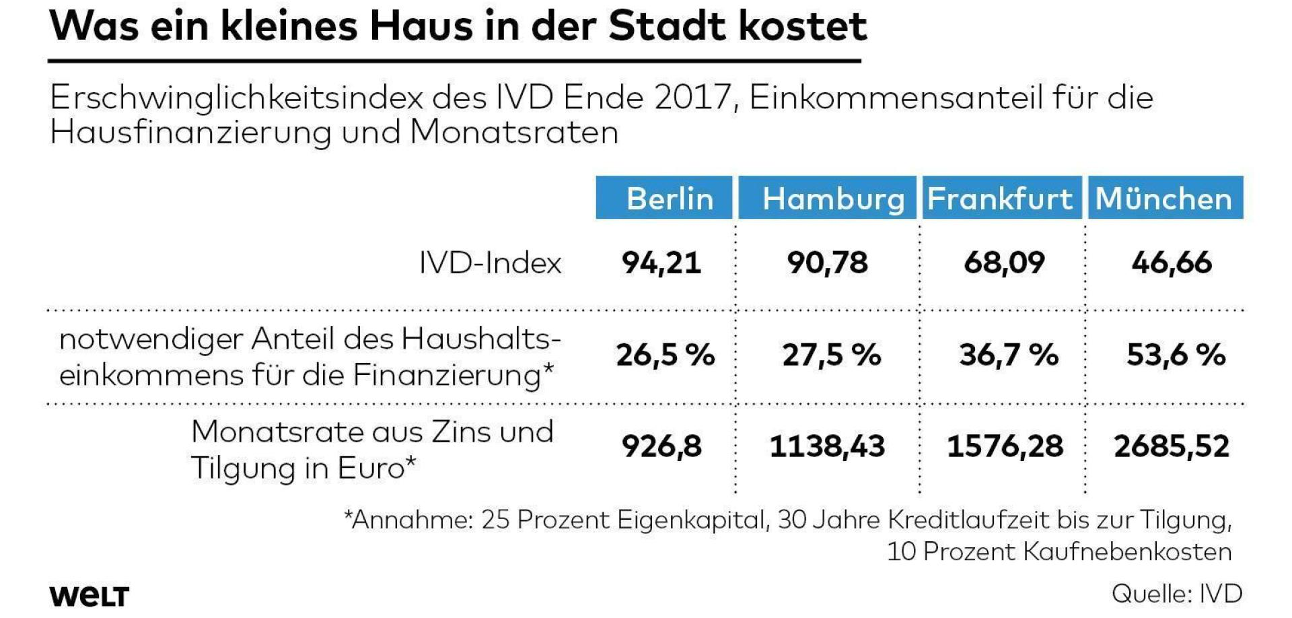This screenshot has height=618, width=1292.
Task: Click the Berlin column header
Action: [x=664, y=199]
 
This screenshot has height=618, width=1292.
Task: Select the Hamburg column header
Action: [x=828, y=199]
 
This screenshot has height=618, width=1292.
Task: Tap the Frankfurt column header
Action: [x=1001, y=199]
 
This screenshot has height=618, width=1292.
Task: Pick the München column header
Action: [x=1164, y=199]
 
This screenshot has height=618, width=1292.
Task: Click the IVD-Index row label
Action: [x=490, y=263]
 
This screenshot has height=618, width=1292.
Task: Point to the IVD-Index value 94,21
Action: [x=661, y=263]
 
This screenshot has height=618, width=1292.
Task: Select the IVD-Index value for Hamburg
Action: [x=828, y=263]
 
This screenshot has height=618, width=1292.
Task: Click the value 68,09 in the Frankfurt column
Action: [x=1004, y=263]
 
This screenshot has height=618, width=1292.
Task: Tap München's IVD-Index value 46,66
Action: [x=1172, y=263]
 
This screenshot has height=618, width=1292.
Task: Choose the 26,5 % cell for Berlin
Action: [x=665, y=355]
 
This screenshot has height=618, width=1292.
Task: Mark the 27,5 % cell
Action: [x=832, y=355]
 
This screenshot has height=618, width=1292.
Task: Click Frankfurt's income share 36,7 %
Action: [x=1009, y=355]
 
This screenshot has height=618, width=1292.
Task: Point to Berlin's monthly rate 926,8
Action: [x=661, y=446]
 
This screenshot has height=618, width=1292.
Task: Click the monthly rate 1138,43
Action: [x=827, y=446]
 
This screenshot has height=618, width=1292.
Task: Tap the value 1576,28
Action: [x=1005, y=446]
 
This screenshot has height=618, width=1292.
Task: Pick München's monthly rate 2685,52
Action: [x=1172, y=446]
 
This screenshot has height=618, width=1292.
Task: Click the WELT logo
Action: [x=89, y=596]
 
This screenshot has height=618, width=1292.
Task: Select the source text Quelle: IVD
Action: [x=1176, y=594]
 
